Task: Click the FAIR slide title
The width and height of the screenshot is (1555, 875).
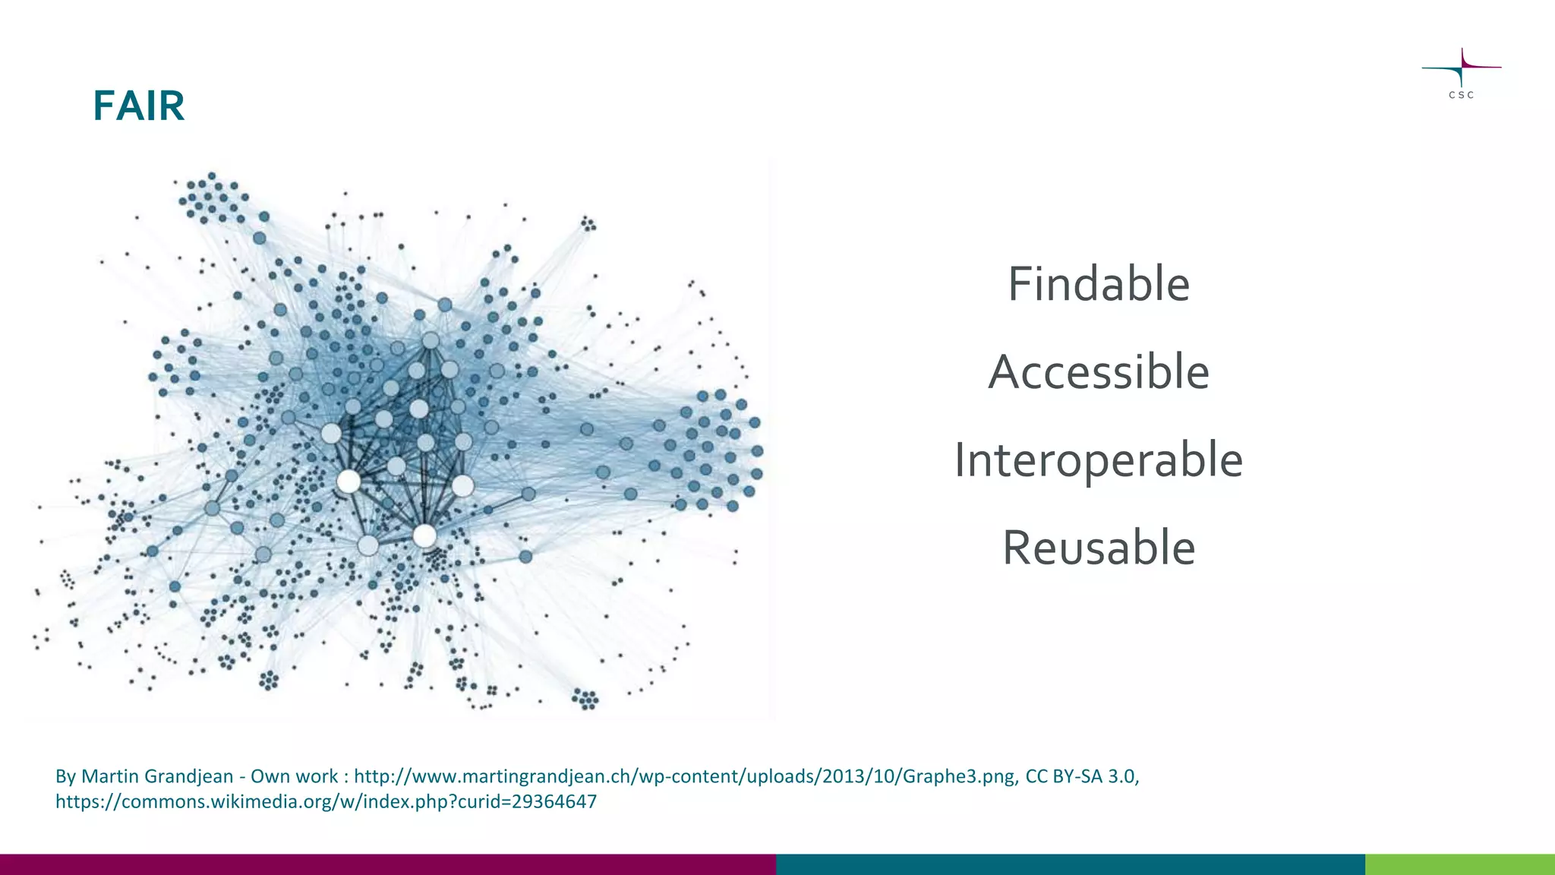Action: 139,106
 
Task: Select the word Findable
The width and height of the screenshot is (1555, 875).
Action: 1098,284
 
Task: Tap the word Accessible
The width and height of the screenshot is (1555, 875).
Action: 1098,372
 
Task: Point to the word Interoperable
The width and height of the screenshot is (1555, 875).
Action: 1098,460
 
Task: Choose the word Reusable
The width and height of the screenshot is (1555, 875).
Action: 1098,548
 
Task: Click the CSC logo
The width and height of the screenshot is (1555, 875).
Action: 1461,72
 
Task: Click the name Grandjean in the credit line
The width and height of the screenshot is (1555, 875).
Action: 188,776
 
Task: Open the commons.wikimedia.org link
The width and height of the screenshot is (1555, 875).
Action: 326,801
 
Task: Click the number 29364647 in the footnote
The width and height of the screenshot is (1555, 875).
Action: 554,801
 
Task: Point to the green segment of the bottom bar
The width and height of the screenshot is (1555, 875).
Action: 1459,864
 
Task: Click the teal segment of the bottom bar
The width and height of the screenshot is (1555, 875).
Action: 1071,864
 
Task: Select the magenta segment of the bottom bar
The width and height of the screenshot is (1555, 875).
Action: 387,864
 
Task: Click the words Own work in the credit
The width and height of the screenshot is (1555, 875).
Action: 294,776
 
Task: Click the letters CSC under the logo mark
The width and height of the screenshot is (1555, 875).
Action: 1461,95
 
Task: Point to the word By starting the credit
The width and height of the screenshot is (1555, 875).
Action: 65,776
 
